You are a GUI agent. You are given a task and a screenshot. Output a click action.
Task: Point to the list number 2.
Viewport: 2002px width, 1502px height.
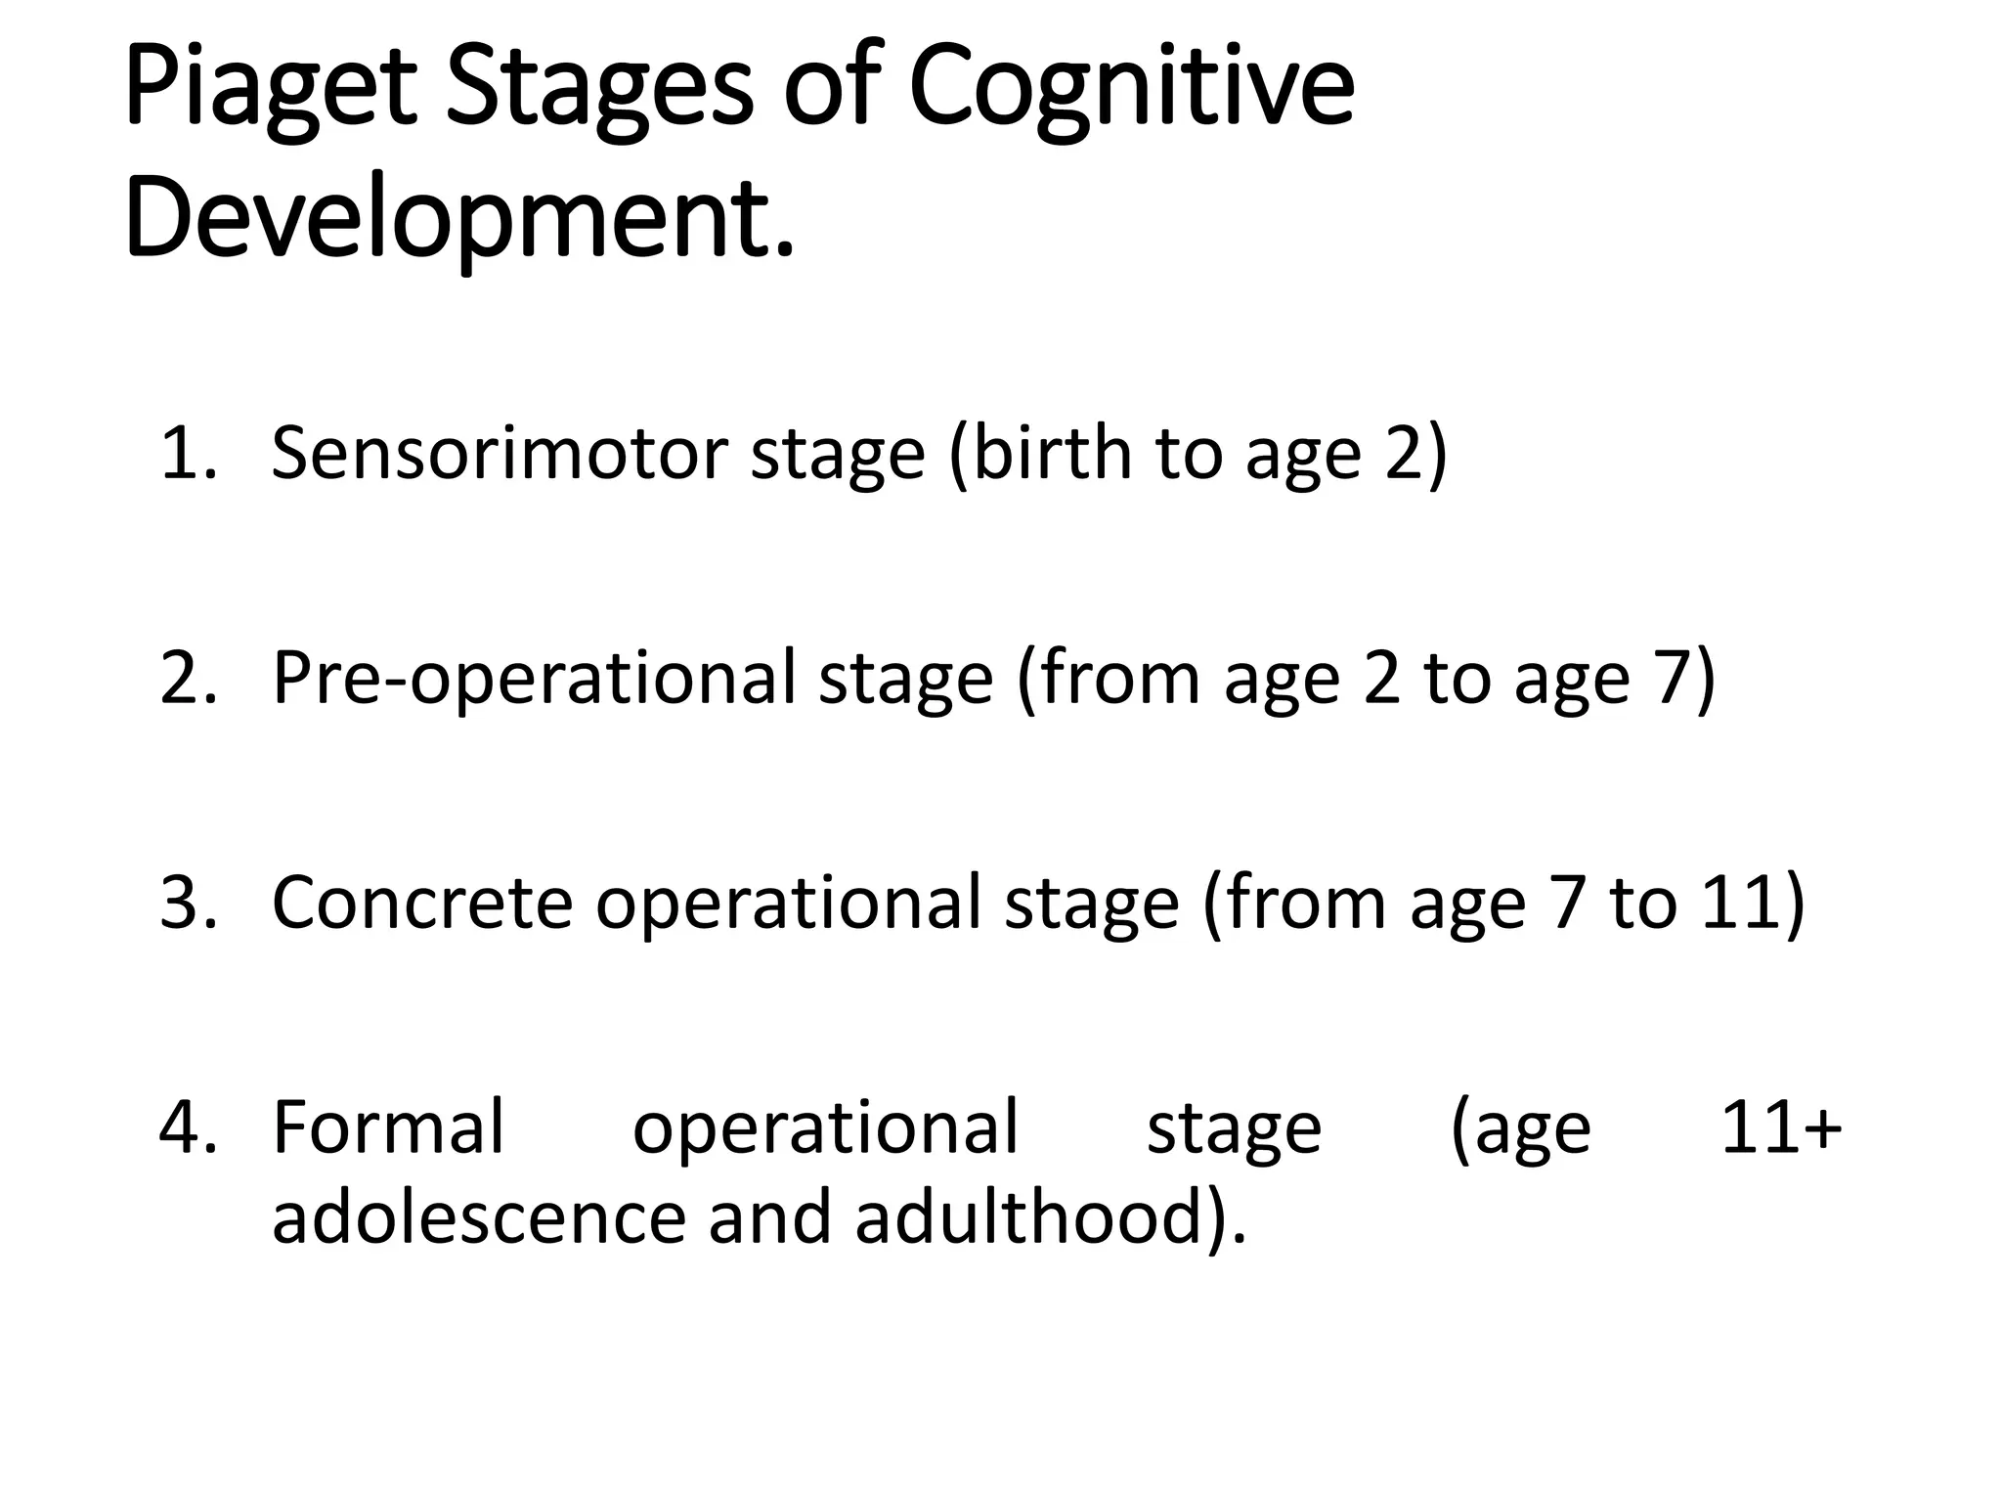pyautogui.click(x=186, y=679)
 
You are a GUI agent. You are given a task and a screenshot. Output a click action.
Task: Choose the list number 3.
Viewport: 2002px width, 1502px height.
pyautogui.click(x=186, y=903)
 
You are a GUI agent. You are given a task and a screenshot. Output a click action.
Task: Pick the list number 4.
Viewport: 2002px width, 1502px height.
pyautogui.click(x=186, y=1127)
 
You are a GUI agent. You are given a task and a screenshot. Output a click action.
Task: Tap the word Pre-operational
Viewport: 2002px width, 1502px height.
pyautogui.click(x=533, y=679)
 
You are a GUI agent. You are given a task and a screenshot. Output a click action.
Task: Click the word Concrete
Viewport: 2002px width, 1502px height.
pyautogui.click(x=421, y=903)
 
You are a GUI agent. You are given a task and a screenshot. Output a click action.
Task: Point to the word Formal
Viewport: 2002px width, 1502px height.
pyautogui.click(x=388, y=1127)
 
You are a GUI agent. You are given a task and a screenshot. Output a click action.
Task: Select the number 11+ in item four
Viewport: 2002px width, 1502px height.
pyautogui.click(x=1780, y=1127)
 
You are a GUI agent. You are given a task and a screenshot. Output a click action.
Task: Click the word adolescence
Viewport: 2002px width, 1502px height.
pyautogui.click(x=479, y=1218)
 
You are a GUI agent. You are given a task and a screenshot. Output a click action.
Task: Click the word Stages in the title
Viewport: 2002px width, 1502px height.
pyautogui.click(x=599, y=90)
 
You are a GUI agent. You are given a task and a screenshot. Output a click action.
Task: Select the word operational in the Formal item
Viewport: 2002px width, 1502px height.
pyautogui.click(x=826, y=1127)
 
